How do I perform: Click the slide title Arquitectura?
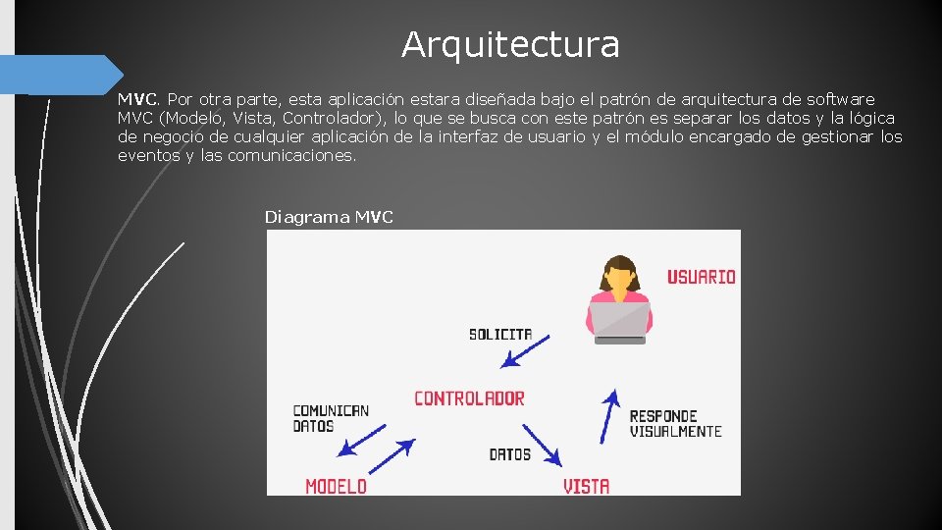pyautogui.click(x=510, y=44)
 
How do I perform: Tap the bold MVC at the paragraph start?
pyautogui.click(x=137, y=99)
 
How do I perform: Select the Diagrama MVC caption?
pyautogui.click(x=329, y=217)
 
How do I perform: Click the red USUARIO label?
pyautogui.click(x=701, y=277)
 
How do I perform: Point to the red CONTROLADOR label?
pyautogui.click(x=469, y=398)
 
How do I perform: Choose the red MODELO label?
pyautogui.click(x=336, y=486)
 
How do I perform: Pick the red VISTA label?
pyautogui.click(x=586, y=486)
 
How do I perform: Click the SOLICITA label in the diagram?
pyautogui.click(x=500, y=335)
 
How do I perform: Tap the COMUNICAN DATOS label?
pyautogui.click(x=331, y=418)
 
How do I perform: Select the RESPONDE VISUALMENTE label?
pyautogui.click(x=675, y=424)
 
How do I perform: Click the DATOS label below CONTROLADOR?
pyautogui.click(x=509, y=454)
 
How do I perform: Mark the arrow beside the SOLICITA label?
pyautogui.click(x=525, y=351)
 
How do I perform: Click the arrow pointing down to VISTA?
pyautogui.click(x=541, y=445)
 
